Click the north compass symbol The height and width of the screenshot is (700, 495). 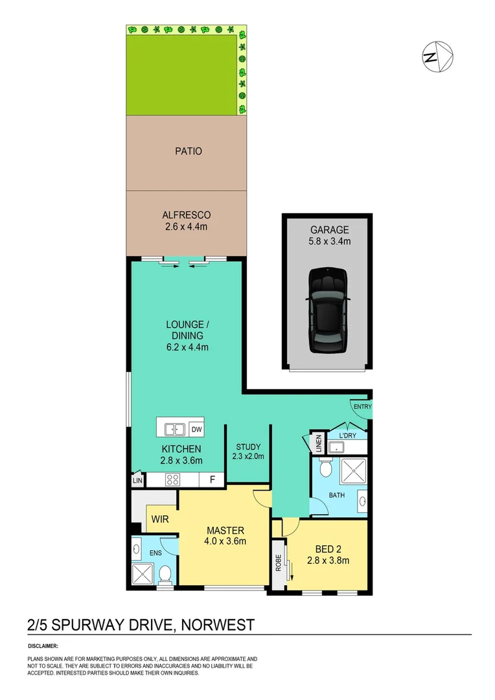(438, 56)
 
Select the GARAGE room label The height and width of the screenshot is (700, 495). (329, 229)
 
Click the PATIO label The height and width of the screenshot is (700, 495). (188, 151)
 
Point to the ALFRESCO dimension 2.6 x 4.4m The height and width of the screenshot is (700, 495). (187, 227)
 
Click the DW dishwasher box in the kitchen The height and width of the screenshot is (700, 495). (196, 428)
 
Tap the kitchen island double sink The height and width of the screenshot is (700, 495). (173, 428)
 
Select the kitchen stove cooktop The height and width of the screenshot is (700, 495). (174, 480)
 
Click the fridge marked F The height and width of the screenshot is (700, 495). (211, 480)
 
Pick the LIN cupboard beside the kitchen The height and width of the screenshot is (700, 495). (137, 481)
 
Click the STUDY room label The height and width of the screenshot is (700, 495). (248, 447)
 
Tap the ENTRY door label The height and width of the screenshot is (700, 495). (362, 406)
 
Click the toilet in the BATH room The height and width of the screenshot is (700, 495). (326, 467)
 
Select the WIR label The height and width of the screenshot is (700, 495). (160, 519)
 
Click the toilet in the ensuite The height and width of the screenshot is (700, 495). (165, 574)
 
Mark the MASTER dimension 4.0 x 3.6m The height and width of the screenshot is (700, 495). (225, 542)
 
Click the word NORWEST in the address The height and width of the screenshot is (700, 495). (218, 625)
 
